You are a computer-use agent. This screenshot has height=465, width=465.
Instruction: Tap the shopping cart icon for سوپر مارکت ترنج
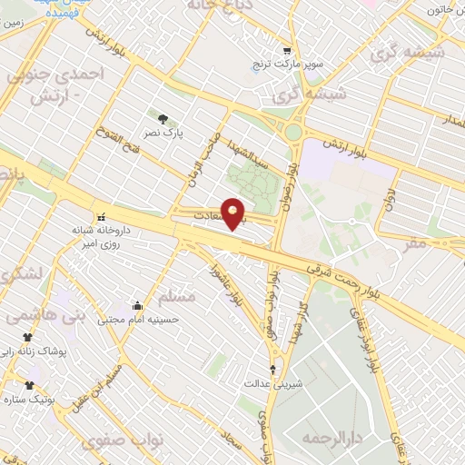coord(287,51)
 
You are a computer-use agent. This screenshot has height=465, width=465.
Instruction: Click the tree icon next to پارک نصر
coord(163,118)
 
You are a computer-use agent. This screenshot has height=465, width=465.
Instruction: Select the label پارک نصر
coord(166,133)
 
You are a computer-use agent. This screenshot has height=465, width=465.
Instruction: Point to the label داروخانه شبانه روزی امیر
coord(103,237)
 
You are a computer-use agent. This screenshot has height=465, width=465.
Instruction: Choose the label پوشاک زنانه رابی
coord(41,349)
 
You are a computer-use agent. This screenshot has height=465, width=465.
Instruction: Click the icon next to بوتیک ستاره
coord(29,385)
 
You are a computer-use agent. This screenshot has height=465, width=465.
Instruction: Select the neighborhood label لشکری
coord(20,272)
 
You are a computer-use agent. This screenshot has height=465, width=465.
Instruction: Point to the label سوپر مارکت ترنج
coord(287,67)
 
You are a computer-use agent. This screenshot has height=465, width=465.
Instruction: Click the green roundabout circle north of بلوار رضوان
coord(292,134)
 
